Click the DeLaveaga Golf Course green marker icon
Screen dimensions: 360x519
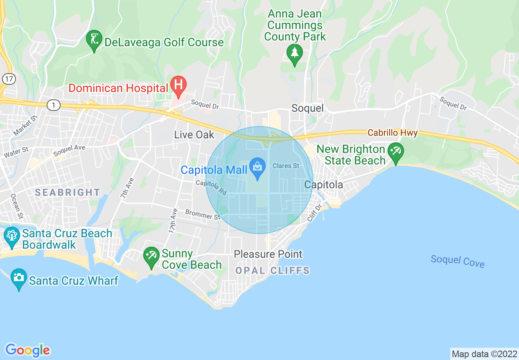pos(94,40)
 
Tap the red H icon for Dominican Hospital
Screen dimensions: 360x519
pos(178,85)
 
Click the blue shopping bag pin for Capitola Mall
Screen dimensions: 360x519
pos(257,168)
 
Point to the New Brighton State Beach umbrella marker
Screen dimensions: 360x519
pos(395,152)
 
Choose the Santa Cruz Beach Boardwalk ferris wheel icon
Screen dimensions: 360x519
pos(11,236)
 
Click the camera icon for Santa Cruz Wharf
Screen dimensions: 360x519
pos(18,278)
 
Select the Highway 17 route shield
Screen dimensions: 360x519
pos(8,78)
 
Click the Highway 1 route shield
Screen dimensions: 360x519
pos(53,105)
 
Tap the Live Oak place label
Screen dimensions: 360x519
pos(194,135)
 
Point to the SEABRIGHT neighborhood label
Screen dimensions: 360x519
pos(68,192)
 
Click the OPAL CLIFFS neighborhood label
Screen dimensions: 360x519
pos(272,270)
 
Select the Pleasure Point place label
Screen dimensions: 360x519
pos(268,254)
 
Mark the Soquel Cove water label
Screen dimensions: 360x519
pos(457,261)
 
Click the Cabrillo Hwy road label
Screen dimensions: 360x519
pos(393,133)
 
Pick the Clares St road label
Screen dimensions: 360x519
pos(286,166)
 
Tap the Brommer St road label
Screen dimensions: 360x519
pos(203,214)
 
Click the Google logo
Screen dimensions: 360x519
pos(27,350)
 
